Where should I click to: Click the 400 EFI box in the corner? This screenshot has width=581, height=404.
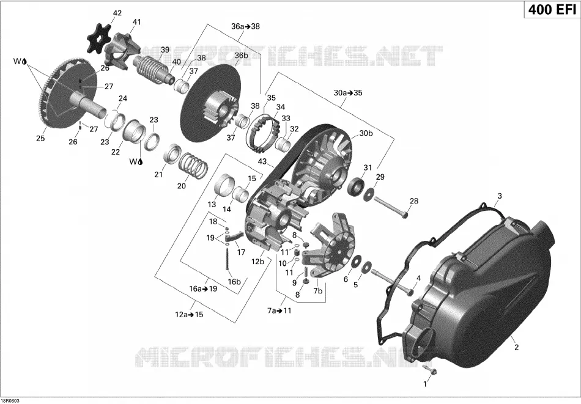click(x=552, y=9)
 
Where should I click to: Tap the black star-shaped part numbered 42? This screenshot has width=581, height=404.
click(x=99, y=38)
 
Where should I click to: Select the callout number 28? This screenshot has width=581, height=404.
click(x=413, y=200)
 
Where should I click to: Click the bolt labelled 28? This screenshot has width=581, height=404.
click(x=391, y=207)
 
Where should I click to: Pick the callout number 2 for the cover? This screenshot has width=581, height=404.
click(x=516, y=347)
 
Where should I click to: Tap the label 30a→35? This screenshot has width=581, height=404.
click(x=348, y=93)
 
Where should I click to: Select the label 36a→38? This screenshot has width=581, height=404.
click(x=246, y=26)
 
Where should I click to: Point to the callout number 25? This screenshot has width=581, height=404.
click(x=40, y=138)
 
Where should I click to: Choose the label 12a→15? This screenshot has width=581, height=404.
click(x=190, y=315)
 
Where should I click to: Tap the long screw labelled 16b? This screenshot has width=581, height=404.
click(x=226, y=260)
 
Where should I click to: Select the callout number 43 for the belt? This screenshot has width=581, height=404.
click(x=262, y=161)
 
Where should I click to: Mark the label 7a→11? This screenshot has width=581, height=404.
click(x=279, y=310)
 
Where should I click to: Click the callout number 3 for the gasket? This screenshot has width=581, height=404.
click(x=500, y=196)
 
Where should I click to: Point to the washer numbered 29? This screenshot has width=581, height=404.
click(x=369, y=194)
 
